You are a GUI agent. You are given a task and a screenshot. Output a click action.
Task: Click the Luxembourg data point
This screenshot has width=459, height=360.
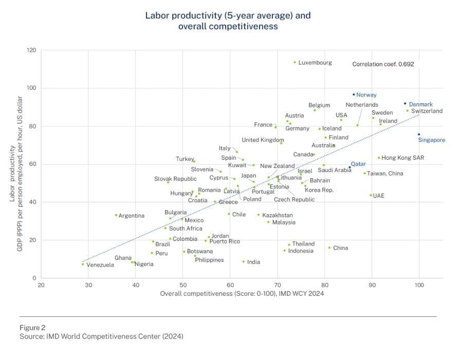point(295,62)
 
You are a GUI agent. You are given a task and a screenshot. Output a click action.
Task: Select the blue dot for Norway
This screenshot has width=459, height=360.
point(354,94)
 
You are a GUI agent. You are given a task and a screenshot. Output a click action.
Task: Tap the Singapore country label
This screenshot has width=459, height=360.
point(431,140)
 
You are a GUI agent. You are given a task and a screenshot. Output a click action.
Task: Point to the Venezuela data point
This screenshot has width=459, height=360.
point(82,264)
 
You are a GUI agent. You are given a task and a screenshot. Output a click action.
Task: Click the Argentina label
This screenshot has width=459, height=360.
point(132,216)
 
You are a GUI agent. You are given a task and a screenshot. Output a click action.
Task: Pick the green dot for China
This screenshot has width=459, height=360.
point(329,248)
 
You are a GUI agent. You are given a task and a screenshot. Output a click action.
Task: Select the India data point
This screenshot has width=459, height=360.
point(244,261)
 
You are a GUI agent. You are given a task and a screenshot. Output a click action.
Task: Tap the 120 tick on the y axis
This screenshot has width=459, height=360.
point(32,50)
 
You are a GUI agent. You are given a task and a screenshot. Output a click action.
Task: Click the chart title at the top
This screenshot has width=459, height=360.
point(228,21)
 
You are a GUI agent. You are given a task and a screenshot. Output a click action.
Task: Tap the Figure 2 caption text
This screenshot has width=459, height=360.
point(33,327)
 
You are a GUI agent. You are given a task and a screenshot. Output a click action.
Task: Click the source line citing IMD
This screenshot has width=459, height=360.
point(101,336)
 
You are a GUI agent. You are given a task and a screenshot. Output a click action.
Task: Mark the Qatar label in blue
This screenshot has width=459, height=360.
point(358,164)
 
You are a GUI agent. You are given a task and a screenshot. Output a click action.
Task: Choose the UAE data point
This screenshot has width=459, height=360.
point(371,195)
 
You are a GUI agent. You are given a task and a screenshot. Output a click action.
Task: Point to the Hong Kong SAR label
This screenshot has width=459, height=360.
point(403,158)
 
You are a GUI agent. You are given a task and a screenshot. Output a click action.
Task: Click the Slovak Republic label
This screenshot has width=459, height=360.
point(175,179)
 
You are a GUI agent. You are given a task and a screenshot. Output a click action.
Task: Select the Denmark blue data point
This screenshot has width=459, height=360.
point(405,103)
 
